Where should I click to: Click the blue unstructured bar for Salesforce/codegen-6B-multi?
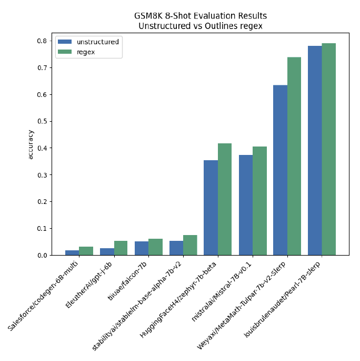72,253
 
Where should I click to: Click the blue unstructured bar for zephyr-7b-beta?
211,208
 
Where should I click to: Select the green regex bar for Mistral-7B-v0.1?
259,201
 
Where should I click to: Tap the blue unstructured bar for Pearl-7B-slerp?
315,151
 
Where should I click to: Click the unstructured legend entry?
97,42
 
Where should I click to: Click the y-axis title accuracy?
31,145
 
